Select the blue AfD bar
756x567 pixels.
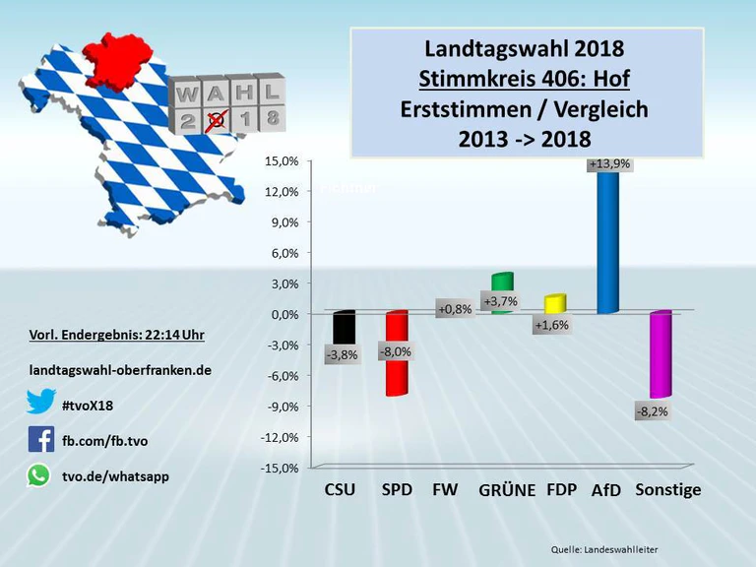tap(607, 246)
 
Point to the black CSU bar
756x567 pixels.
tap(344, 329)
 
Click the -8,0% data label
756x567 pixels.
tap(396, 351)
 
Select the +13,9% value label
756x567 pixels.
tap(608, 164)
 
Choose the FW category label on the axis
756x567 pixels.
tap(445, 490)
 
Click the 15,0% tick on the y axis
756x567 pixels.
tap(283, 161)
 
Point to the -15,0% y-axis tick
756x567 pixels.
tap(281, 468)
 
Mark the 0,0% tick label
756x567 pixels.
tap(283, 314)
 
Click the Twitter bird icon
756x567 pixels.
tap(40, 402)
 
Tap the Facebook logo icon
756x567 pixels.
tap(40, 439)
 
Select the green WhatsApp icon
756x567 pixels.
tap(38, 475)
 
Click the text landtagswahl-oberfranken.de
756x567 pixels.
tap(120, 370)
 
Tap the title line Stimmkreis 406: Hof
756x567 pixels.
tap(524, 79)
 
